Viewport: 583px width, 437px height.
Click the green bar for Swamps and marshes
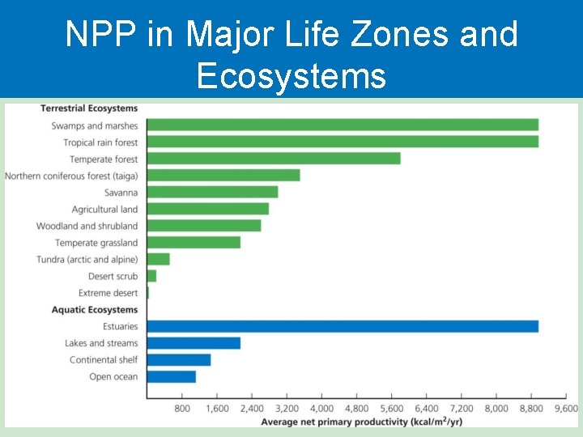point(343,125)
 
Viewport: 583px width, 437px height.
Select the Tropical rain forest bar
point(343,142)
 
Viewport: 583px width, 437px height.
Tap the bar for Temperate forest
point(274,159)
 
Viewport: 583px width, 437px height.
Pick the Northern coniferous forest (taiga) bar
point(223,175)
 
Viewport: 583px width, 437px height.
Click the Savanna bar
point(212,192)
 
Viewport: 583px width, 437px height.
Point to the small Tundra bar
point(159,259)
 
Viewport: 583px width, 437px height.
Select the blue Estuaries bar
point(343,326)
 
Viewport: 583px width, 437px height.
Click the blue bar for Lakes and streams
point(194,343)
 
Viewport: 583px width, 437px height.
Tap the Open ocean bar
point(172,376)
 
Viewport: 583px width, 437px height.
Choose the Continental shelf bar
point(179,359)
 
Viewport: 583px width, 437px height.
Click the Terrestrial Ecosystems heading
point(89,108)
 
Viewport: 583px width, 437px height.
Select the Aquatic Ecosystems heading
point(95,310)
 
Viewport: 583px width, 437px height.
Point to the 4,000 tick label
point(322,409)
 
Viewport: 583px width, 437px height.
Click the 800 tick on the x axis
point(182,409)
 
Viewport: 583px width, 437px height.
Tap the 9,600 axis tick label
point(565,409)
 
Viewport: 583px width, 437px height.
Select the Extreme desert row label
point(108,293)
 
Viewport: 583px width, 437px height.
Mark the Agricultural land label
point(104,210)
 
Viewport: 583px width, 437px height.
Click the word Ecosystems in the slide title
point(291,76)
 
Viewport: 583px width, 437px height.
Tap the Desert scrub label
point(113,276)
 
